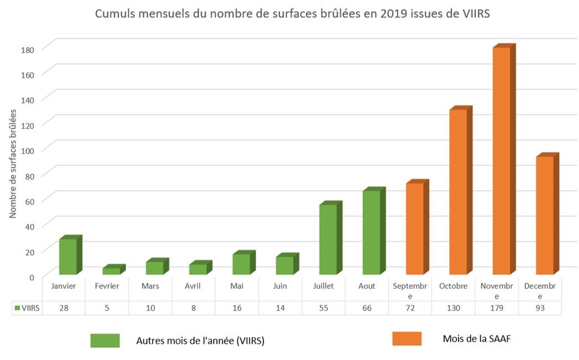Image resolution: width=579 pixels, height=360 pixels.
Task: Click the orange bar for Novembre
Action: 501,161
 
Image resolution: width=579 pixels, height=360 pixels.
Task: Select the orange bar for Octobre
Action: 458,192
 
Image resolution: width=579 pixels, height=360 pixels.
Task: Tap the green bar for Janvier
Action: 68,256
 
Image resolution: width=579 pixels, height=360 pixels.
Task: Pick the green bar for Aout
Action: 372,232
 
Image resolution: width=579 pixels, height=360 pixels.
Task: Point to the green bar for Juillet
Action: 328,240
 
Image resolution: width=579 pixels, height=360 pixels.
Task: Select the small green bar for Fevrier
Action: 111,271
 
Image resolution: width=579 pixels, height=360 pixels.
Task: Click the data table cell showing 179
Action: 496,308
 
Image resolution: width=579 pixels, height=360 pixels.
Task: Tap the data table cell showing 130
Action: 453,308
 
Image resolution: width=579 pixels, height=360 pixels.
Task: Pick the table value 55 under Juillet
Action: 323,308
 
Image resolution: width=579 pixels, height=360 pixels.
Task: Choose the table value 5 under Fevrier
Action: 106,308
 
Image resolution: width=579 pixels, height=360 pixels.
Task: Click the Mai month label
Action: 237,286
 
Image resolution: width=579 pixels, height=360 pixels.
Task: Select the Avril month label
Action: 194,286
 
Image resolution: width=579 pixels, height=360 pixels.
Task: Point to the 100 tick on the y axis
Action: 28,150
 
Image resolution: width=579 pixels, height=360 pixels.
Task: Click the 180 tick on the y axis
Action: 28,49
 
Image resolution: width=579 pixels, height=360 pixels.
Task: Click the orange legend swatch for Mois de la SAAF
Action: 407,338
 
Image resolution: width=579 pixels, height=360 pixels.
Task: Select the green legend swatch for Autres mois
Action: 105,341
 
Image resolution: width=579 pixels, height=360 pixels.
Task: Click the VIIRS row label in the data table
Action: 27,308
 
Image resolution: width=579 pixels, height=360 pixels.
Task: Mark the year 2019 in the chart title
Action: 392,14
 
